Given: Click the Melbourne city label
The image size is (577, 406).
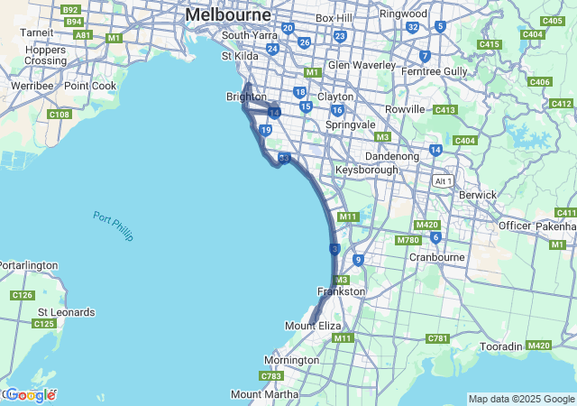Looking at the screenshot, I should point(227,15).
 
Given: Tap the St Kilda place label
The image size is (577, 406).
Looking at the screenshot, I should point(240,56).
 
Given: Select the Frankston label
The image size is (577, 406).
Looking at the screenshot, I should point(341,291).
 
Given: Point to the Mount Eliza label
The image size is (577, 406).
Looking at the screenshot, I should point(313,325).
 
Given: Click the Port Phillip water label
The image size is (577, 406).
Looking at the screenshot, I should point(113,225).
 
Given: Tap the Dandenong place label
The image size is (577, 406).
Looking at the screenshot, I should point(392,156).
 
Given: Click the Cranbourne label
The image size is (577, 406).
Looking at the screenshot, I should point(436,256).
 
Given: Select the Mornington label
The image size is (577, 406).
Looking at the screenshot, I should point(291,360).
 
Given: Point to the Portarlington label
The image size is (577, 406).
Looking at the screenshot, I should point(28,265).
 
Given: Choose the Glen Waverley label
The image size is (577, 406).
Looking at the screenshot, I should point(362,65).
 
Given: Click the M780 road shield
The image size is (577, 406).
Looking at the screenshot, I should point(408,239).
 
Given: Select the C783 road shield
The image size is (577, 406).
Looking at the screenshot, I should point(270,375).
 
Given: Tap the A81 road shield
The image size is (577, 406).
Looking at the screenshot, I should point(83,35).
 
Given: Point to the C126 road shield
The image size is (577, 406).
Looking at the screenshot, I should point(23,295).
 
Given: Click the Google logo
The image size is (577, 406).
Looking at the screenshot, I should point(30,395).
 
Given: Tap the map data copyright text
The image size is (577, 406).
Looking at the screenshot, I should point(521,399).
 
